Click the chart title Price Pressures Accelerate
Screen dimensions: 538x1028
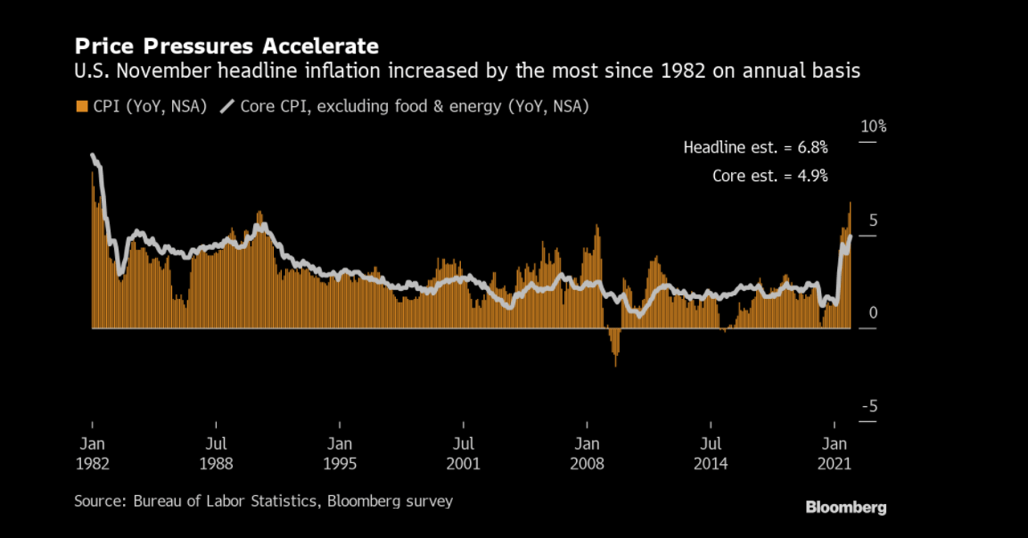click(x=226, y=46)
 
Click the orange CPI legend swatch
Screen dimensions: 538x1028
click(x=82, y=107)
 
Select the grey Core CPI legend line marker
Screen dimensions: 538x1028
click(x=226, y=107)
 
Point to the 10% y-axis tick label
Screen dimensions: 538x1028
click(x=873, y=127)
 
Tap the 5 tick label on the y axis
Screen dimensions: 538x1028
click(x=873, y=220)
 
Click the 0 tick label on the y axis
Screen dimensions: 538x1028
click(x=873, y=313)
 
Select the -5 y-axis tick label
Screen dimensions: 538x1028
click(x=869, y=407)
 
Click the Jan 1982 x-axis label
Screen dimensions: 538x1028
click(x=92, y=453)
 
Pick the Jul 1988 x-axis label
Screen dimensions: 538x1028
click(x=215, y=453)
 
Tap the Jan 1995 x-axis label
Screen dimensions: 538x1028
click(x=339, y=453)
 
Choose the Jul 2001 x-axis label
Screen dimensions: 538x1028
click(x=463, y=453)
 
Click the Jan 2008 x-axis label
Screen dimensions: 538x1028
click(x=586, y=453)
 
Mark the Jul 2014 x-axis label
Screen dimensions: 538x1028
click(x=710, y=453)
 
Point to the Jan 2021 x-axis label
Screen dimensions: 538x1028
click(x=834, y=453)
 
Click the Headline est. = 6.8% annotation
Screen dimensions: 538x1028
click(x=755, y=147)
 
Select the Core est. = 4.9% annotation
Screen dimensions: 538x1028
click(x=769, y=176)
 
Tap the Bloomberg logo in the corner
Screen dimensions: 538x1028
click(x=845, y=507)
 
